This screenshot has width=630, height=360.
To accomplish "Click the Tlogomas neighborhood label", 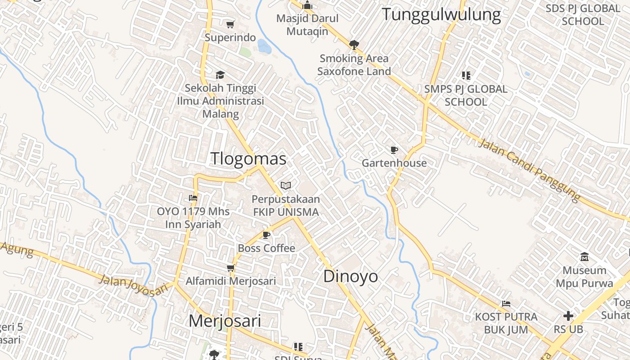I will pos(248,159).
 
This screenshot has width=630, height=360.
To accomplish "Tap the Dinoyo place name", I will pos(351,276).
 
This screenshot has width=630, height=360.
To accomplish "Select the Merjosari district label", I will pos(225,321).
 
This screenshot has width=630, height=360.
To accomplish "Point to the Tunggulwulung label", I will pos(441,15).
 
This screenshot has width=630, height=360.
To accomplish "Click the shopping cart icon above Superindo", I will pos(230,24).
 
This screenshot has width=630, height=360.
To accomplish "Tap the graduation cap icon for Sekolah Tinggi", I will pos(220,75).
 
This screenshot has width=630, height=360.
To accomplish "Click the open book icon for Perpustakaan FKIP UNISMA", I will pos(286,185).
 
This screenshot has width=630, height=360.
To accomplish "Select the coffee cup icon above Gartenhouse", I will pos(394,150).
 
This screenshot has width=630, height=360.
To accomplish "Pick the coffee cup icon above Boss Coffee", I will pos(266,235).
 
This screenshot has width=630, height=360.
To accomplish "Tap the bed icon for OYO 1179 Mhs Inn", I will pos(193,198).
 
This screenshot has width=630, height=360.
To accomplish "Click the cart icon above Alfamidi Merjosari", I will pos(231,268).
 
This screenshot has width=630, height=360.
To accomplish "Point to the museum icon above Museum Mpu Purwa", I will pos(585,257).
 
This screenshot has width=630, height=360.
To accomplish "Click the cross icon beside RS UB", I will pos(568,316).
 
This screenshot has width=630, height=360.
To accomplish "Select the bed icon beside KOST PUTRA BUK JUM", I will pos(506,304).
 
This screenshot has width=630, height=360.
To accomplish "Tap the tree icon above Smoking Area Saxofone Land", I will pos(354,45).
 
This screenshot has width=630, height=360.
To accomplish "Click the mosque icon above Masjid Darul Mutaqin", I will pos(307,5).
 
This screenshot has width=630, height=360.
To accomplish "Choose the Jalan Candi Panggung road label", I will pos(529,171).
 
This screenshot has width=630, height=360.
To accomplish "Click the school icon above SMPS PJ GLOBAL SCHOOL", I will pos(466,76).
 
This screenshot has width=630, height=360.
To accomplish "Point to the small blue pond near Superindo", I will pos(264,46).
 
